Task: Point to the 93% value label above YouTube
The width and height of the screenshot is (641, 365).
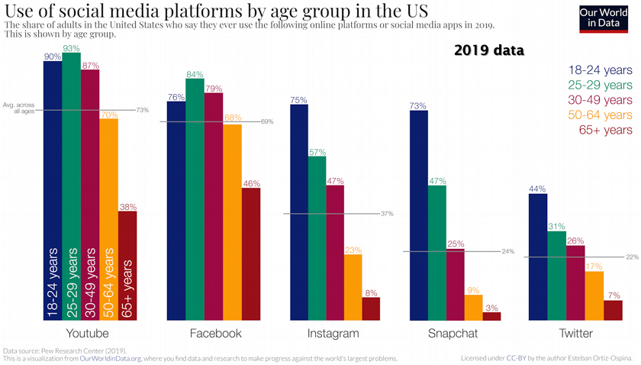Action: point(72,49)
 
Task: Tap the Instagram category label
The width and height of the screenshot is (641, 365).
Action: point(333,334)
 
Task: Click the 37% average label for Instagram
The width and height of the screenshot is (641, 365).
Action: point(386,214)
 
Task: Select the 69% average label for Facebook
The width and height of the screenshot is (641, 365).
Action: point(267,121)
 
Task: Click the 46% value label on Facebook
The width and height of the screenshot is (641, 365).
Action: point(251,183)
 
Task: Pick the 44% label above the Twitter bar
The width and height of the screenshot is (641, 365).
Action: point(538,189)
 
